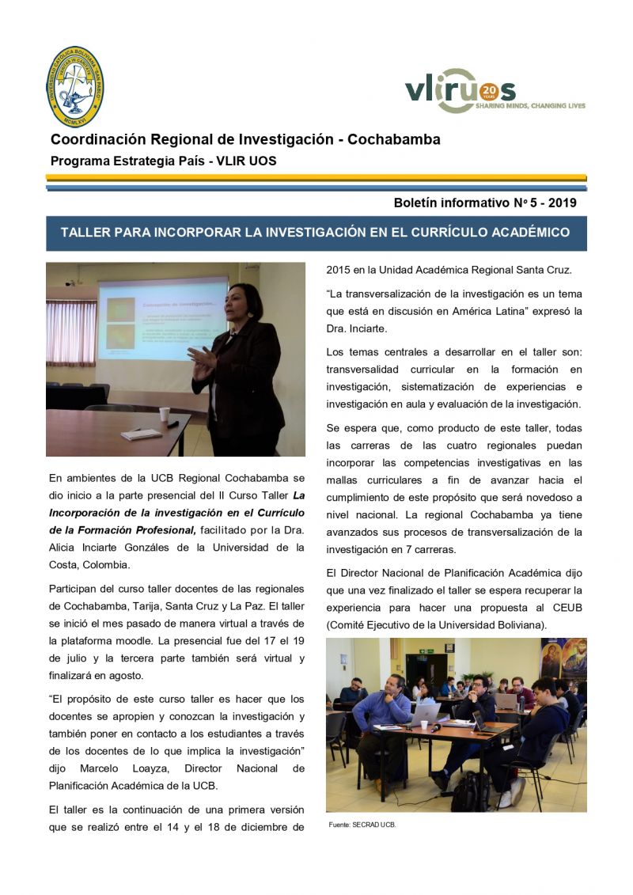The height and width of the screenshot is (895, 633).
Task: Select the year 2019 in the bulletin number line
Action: pos(561,203)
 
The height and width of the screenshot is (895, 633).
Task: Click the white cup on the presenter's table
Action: pos(164,414)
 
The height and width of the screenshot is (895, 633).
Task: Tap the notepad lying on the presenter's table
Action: pos(142,434)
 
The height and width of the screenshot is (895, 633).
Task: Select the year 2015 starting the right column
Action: pos(339,270)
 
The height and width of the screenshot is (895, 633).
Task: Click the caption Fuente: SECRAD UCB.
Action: pos(362,825)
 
